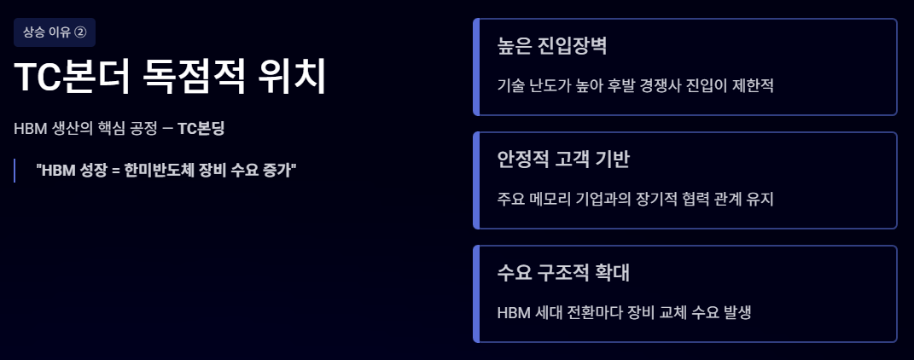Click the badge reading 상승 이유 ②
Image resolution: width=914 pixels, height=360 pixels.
pyautogui.click(x=55, y=32)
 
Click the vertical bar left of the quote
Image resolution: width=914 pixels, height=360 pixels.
pyautogui.click(x=15, y=170)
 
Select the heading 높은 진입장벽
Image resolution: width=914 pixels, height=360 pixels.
pyautogui.click(x=551, y=46)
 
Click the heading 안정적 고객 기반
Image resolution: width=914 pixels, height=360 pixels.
pyautogui.click(x=563, y=160)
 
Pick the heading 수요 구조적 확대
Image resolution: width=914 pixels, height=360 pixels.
pyautogui.click(x=563, y=273)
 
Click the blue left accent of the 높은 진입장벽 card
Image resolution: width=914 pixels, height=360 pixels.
pyautogui.click(x=476, y=67)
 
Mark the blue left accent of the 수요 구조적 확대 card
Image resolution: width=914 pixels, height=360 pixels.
pyautogui.click(x=476, y=293)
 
